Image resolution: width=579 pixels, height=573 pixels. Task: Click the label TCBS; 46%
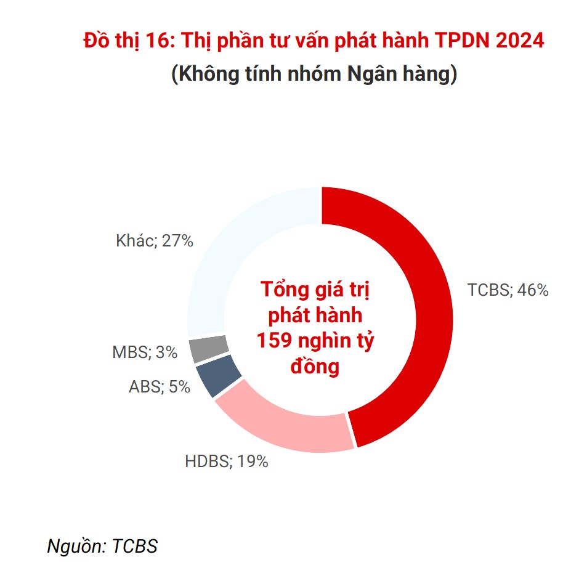click(508, 290)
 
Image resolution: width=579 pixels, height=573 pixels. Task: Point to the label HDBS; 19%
click(227, 461)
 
